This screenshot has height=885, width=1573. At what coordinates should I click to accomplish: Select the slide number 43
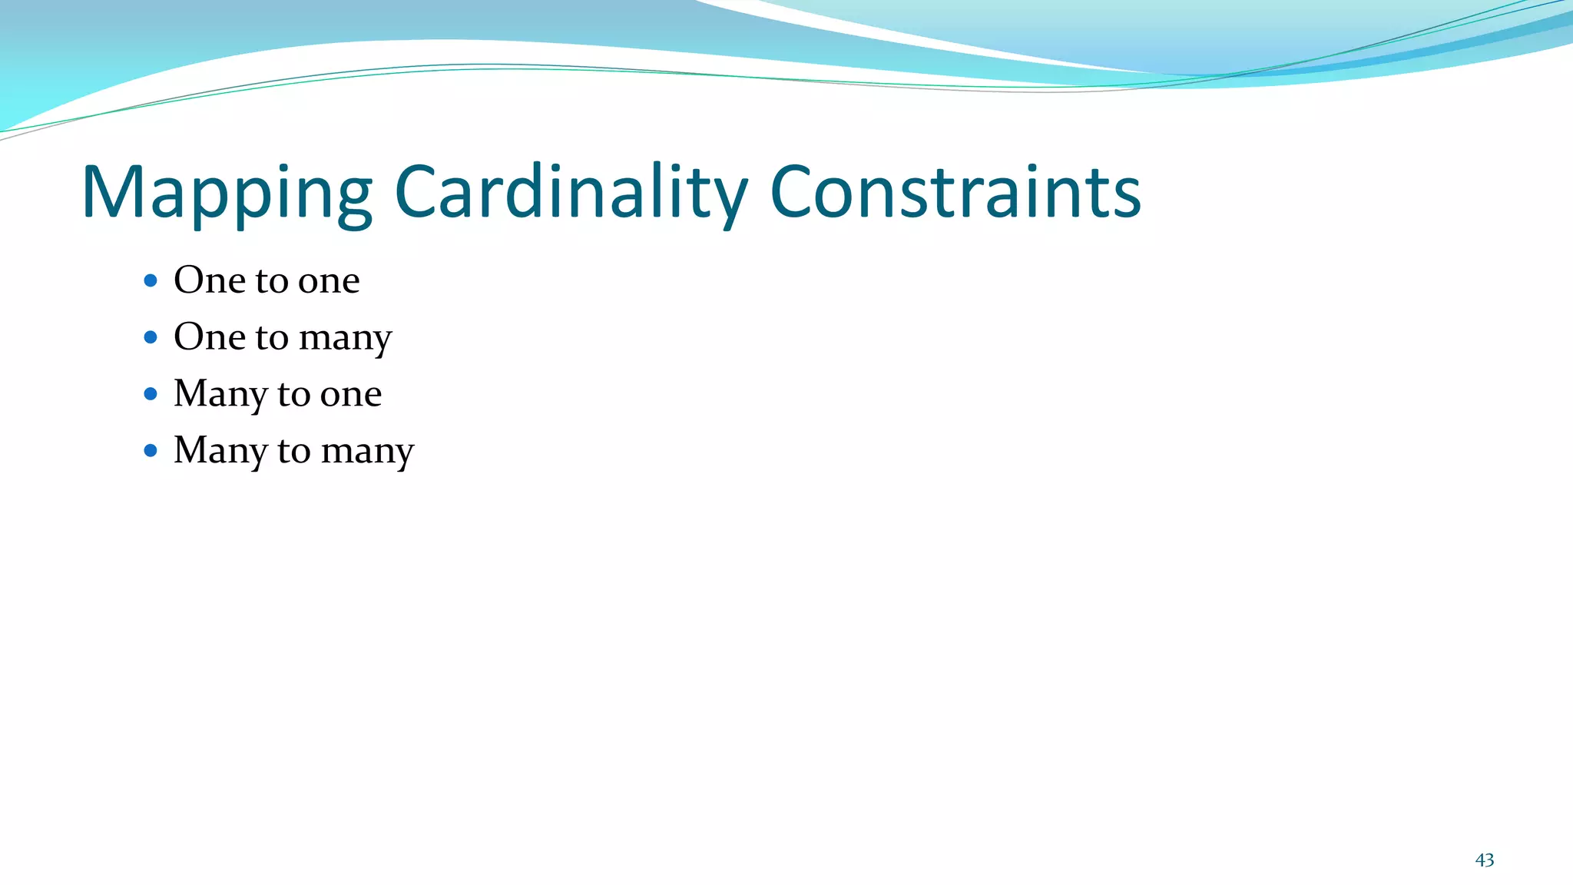click(1484, 860)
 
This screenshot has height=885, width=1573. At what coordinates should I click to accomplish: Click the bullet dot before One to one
click(151, 280)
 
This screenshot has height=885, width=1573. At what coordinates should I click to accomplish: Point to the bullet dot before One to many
click(151, 336)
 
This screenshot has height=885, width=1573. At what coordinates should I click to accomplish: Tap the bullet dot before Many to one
click(151, 394)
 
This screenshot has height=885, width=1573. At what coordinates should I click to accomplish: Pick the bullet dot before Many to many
click(151, 450)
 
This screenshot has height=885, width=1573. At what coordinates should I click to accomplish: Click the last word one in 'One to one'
click(329, 281)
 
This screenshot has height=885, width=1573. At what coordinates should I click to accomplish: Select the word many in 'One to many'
click(345, 339)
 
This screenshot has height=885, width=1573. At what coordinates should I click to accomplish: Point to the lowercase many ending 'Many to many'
click(367, 452)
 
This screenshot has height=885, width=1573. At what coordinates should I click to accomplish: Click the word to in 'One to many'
click(272, 337)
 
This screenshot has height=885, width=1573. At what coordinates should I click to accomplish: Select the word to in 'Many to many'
click(293, 451)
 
